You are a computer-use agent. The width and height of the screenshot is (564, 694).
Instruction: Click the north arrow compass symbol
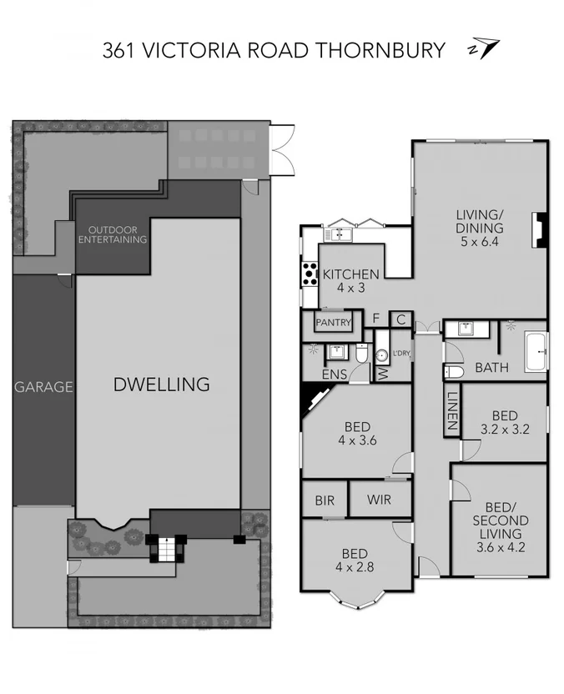(x=484, y=49)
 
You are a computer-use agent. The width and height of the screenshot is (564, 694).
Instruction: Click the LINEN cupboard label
(x=451, y=411)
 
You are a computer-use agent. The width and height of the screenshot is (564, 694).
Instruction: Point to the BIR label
(x=325, y=501)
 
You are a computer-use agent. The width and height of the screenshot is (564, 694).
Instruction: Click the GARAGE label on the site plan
(x=43, y=387)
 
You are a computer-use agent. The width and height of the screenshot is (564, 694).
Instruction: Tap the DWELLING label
(x=161, y=385)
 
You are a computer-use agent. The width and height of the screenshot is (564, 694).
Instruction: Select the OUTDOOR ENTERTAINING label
(x=112, y=234)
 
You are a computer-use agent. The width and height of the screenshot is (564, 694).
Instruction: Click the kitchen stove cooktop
(x=310, y=273)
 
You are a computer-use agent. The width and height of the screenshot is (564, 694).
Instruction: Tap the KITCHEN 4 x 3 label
(x=351, y=280)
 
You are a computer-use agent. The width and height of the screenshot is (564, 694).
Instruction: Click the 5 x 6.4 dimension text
(x=479, y=243)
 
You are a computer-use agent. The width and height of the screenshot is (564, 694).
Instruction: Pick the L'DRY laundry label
(x=400, y=354)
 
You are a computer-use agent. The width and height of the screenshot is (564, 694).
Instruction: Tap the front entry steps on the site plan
(x=169, y=551)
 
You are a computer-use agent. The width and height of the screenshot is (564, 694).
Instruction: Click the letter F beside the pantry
(x=376, y=319)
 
